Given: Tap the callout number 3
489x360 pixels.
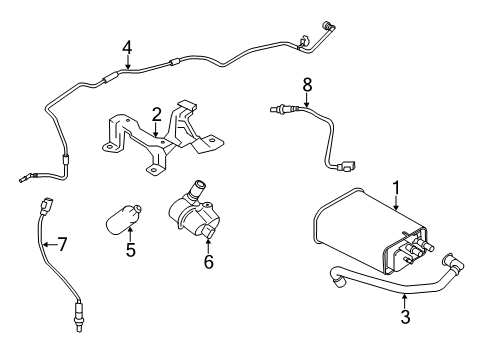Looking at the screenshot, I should point(404,319).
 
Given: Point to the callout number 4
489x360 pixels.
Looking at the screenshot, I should point(127,46).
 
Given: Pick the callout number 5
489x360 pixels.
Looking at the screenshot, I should point(130,249).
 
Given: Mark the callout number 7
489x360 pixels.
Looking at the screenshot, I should point(62,243).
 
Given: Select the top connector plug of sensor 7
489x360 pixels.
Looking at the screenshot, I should point(42,208).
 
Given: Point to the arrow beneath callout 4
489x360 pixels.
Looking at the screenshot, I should point(127,63).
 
